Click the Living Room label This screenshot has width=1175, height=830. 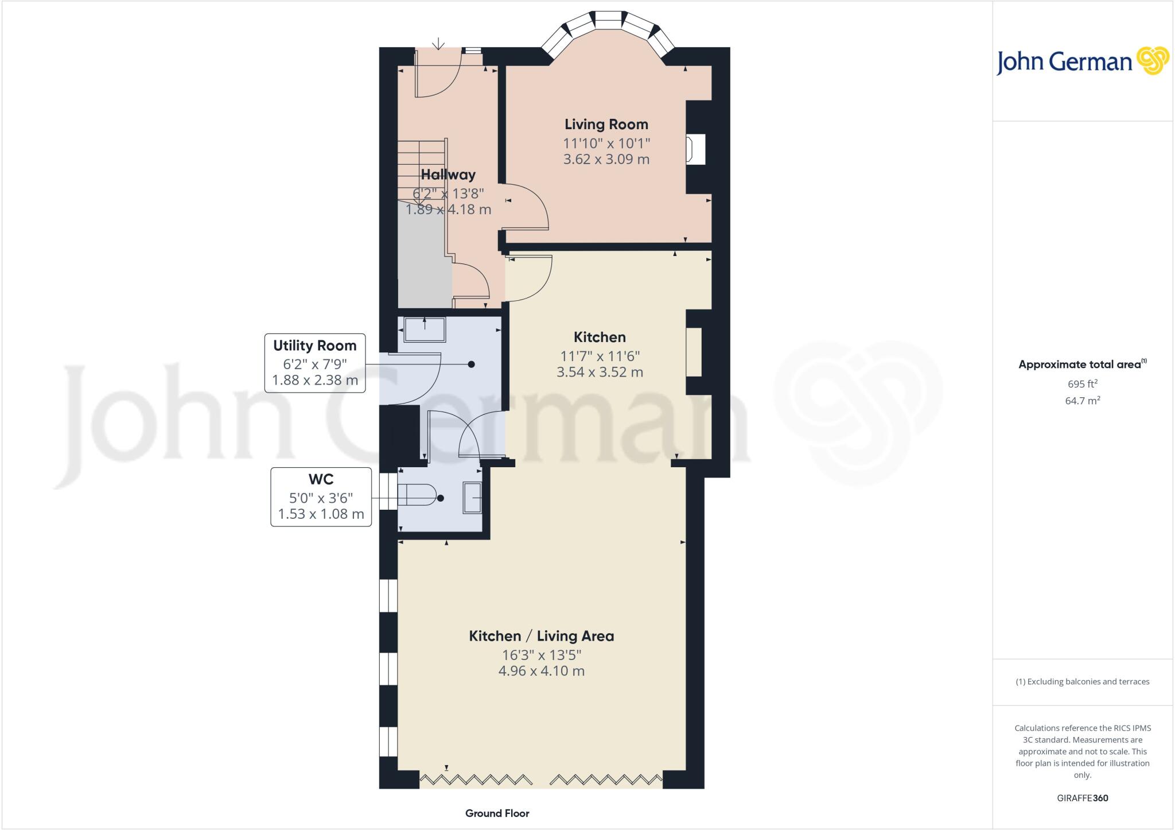[x=606, y=124]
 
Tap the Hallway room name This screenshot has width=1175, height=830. [x=448, y=174]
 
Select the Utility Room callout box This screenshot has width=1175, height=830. [x=315, y=363]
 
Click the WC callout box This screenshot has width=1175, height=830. [x=321, y=497]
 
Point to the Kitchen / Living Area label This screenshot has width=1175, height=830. [x=542, y=636]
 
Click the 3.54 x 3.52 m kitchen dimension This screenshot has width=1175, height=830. [x=600, y=372]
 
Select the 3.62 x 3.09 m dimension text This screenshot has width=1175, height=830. [x=606, y=159]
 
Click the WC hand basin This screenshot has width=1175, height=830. [x=472, y=498]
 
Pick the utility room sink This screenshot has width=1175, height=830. [x=425, y=329]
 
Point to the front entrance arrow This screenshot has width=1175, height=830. [x=439, y=44]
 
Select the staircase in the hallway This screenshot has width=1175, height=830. [x=422, y=172]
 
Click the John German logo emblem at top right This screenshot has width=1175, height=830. [x=1153, y=60]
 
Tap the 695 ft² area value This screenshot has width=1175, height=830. [x=1083, y=383]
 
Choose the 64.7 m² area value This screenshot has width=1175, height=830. [x=1083, y=400]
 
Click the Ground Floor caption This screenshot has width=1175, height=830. [x=497, y=813]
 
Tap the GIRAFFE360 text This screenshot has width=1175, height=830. [x=1083, y=798]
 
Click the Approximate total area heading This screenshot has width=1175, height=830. [x=1083, y=364]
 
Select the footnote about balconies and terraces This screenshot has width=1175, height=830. [x=1083, y=681]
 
